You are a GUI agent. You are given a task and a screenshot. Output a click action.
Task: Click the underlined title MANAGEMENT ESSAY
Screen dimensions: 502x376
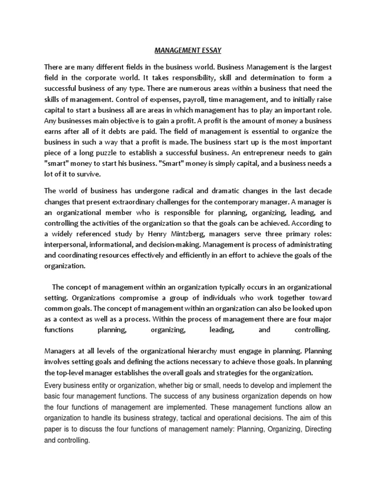[x=188, y=50]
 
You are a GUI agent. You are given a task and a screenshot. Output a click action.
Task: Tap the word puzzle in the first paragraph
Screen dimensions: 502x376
[x=111, y=152]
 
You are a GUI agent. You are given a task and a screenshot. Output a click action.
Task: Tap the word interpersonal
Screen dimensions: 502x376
[x=68, y=244]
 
